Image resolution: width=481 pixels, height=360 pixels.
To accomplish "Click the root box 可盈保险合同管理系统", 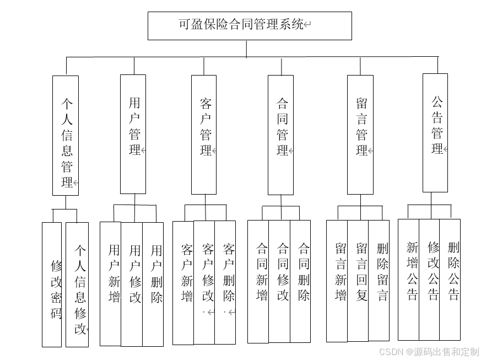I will [x=250, y=25].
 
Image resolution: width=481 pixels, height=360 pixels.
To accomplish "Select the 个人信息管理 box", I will [x=66, y=136].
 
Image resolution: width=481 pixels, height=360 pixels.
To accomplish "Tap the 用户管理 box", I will [x=133, y=134].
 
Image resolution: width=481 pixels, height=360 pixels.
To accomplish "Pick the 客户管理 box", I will [x=204, y=134].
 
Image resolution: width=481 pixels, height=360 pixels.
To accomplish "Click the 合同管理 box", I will [x=280, y=135].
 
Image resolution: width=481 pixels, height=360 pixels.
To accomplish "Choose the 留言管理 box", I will [x=360, y=135].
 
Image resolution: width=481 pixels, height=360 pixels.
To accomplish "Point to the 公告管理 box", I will [x=435, y=132].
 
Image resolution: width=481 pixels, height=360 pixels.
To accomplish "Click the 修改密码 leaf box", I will [x=52, y=284].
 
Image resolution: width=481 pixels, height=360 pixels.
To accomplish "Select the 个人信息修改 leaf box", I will [x=77, y=284].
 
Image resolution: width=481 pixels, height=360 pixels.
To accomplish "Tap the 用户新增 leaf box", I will [x=111, y=283].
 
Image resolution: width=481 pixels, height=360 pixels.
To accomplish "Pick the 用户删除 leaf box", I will [x=153, y=283].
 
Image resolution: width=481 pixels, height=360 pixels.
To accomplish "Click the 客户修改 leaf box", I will [x=204, y=282].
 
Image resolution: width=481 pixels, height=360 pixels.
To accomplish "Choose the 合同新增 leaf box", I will [x=258, y=281].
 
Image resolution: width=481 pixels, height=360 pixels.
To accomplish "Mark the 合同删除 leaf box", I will [x=300, y=281].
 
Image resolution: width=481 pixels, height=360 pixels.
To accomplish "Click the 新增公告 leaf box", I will [x=409, y=280].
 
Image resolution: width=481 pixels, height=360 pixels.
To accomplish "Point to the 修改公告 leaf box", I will [x=429, y=280].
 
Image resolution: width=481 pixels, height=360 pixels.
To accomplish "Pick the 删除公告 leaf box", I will [x=450, y=280].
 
